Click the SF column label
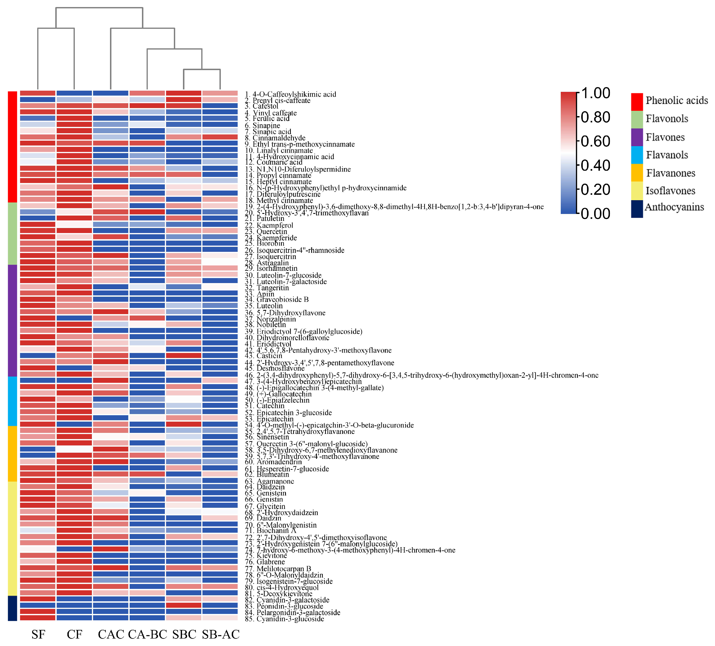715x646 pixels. [x=38, y=634]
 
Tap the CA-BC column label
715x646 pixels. [x=147, y=634]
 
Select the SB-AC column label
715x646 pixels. [x=221, y=634]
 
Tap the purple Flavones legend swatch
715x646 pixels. [x=637, y=137]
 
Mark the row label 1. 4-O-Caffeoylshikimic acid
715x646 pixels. [x=290, y=94]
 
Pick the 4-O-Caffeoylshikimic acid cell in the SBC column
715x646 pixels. [x=184, y=93]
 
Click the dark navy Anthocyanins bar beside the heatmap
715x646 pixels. [x=13, y=608]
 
